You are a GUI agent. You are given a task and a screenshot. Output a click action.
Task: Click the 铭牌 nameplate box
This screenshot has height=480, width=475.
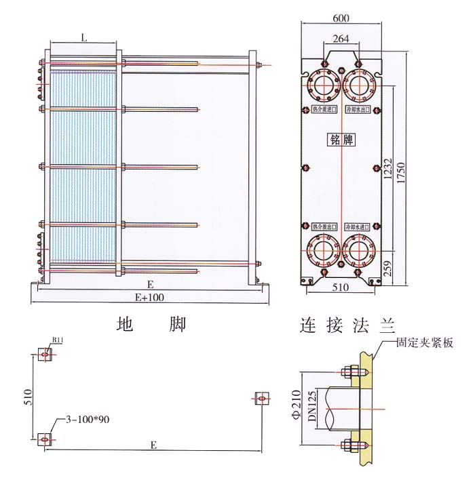pyautogui.click(x=342, y=140)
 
